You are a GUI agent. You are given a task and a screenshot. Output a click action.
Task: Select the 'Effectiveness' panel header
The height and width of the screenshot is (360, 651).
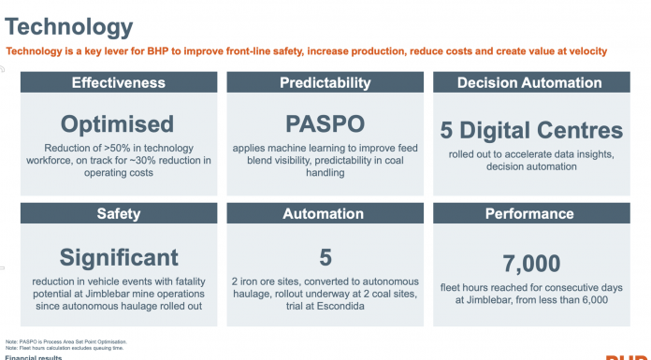click(x=118, y=83)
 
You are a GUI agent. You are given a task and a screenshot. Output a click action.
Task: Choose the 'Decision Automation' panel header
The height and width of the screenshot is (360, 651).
click(x=529, y=83)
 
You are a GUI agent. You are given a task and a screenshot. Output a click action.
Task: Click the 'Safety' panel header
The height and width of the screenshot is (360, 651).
click(x=118, y=214)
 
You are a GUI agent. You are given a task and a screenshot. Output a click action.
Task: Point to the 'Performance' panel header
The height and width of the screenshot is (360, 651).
click(x=529, y=214)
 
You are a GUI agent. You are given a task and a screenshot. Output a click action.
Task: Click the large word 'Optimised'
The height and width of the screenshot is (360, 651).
click(x=118, y=123)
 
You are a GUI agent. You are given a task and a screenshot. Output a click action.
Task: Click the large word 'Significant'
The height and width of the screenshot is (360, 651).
click(x=118, y=256)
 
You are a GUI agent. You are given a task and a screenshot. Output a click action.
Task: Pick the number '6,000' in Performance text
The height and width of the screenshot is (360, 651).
click(x=590, y=300)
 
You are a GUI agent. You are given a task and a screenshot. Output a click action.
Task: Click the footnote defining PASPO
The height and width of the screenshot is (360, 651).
click(x=67, y=340)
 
